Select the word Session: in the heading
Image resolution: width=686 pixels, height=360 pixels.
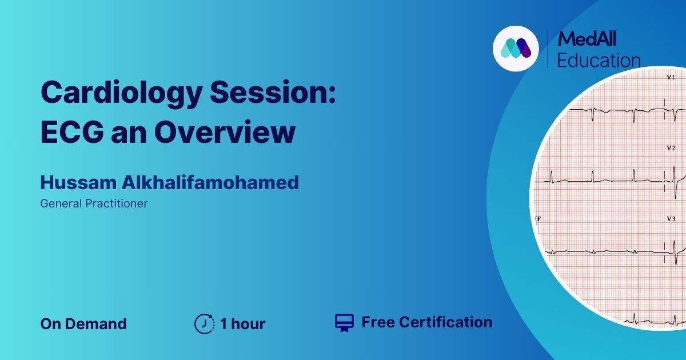point(273,92)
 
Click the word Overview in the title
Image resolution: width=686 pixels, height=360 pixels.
point(225,132)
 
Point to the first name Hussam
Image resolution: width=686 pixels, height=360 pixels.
point(78,182)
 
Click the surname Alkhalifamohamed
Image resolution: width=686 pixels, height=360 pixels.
point(210,182)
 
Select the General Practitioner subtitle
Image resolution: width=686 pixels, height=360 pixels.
point(94,203)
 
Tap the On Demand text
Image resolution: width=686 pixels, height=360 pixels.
point(83,324)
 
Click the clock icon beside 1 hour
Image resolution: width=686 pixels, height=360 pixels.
point(204,323)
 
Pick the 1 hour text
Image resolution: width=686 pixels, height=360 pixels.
point(242,324)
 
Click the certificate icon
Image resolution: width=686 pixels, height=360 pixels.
point(344,323)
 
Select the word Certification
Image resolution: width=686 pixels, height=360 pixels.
point(445,322)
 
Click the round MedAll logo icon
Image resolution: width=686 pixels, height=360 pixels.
point(516,49)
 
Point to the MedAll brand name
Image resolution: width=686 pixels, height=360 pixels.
point(587,39)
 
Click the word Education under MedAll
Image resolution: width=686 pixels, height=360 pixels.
point(599,61)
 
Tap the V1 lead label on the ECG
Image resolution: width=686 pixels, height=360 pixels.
point(671,78)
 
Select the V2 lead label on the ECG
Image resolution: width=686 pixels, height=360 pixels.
point(671,148)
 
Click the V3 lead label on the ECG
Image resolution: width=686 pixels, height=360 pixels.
point(671,219)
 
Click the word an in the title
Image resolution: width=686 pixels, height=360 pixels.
point(129,135)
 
